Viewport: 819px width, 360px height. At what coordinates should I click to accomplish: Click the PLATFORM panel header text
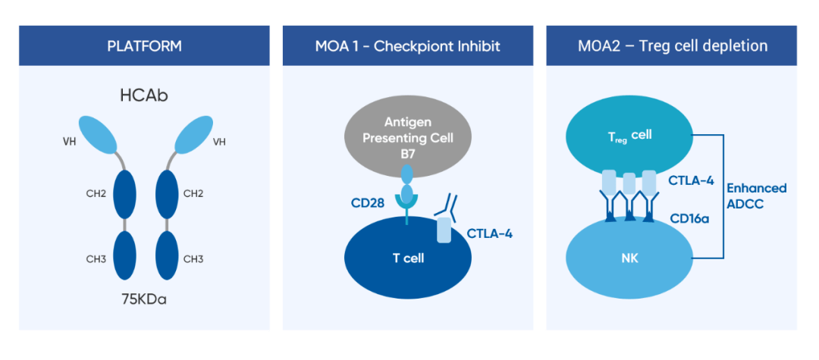[145, 46]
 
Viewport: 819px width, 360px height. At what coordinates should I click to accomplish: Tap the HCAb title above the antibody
[144, 96]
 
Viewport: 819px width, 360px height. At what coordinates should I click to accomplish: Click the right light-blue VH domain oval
[193, 135]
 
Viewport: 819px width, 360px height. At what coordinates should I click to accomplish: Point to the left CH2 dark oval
[124, 194]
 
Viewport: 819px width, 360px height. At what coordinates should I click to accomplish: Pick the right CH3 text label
[193, 258]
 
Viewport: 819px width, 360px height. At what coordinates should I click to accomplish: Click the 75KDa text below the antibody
[145, 301]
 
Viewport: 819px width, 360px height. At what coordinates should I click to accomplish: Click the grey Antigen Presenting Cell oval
[407, 136]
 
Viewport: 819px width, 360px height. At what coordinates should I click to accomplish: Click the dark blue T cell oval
[408, 257]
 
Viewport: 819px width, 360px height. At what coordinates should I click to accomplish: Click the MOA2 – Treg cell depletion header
[673, 46]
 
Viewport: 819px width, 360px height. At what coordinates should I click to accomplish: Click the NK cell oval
[631, 258]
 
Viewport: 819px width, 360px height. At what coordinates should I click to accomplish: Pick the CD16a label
[689, 218]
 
